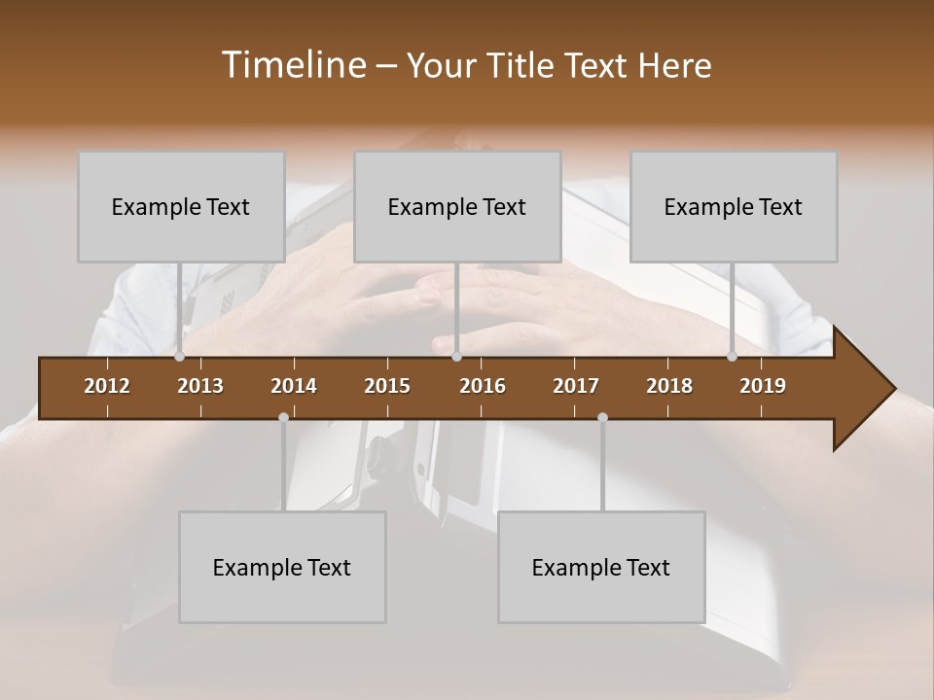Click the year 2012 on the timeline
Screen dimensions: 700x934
click(107, 386)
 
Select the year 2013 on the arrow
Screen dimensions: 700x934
click(200, 386)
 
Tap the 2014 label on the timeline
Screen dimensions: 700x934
click(294, 386)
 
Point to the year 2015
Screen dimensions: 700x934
click(387, 386)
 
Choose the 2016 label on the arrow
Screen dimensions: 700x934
click(483, 386)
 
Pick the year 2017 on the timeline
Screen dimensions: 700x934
click(576, 386)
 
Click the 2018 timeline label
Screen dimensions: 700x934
click(669, 386)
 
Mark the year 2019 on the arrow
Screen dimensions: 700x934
click(763, 386)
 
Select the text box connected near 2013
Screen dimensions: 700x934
click(181, 206)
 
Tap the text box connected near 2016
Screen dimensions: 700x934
click(457, 206)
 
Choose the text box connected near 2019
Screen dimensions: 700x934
click(734, 206)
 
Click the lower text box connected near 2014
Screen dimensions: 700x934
click(282, 567)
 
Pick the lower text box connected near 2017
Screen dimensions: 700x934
click(601, 567)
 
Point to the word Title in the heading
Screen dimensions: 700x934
click(522, 66)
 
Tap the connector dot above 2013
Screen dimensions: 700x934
click(179, 356)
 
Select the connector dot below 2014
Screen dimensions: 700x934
click(283, 417)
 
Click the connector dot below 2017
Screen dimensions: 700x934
click(602, 417)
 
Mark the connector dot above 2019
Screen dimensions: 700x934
click(732, 356)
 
